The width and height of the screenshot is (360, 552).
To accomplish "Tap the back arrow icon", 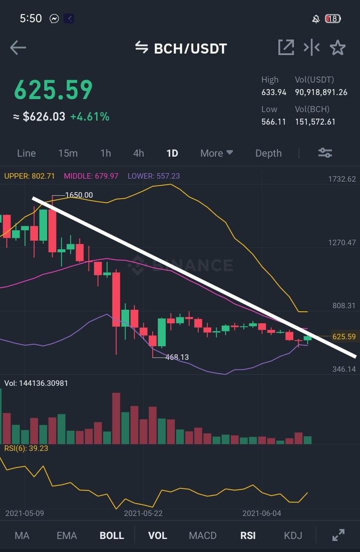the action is click(18, 48).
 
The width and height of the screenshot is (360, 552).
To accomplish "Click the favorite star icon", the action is click(337, 48).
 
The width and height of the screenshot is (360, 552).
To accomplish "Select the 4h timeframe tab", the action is click(138, 153).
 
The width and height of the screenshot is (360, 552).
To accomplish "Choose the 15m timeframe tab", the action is click(68, 153).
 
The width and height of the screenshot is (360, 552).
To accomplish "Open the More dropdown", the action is click(216, 153).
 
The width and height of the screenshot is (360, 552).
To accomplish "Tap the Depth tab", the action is click(268, 153).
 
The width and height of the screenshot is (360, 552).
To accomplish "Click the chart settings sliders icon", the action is click(325, 153).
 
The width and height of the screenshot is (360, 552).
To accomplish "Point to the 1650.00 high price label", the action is click(79, 195).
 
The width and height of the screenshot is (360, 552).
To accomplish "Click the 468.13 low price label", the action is click(177, 357).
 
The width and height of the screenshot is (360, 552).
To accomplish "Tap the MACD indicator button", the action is click(203, 535).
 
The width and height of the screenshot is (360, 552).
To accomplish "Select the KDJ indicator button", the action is click(293, 535).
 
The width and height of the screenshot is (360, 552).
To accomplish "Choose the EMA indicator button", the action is click(67, 535).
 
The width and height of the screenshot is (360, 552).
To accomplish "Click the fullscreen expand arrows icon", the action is click(338, 535).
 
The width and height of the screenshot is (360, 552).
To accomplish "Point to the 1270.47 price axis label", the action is click(342, 242).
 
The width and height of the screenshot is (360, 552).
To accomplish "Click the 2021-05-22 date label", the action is click(143, 513).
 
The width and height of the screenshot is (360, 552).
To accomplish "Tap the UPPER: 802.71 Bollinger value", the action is click(30, 176).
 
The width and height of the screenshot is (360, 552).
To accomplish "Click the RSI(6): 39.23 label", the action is click(26, 448).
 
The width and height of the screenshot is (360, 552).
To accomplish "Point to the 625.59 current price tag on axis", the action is click(344, 336).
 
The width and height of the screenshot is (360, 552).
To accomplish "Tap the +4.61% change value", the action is click(90, 117).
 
